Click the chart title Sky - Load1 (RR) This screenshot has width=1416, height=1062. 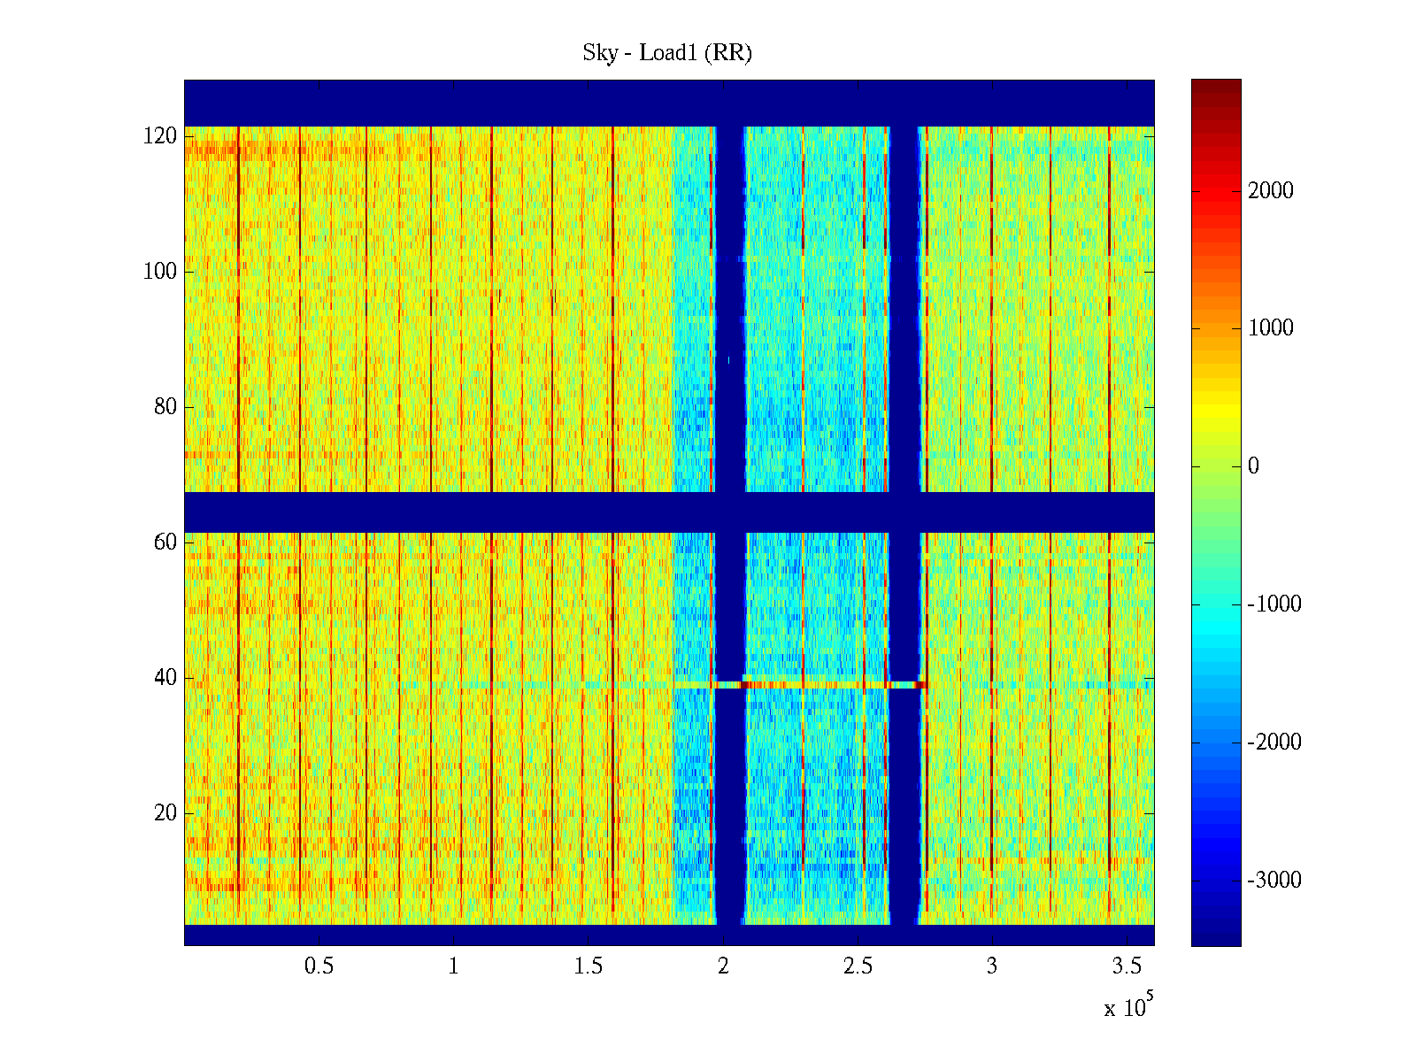(x=667, y=53)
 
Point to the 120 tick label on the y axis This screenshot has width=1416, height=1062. (x=160, y=136)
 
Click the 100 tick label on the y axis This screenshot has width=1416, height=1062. (x=160, y=272)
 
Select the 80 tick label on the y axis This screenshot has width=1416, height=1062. (x=165, y=407)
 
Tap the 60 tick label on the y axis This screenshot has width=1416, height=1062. (x=165, y=543)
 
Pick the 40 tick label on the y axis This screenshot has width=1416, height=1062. (x=165, y=678)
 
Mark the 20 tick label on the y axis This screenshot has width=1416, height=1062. (x=165, y=813)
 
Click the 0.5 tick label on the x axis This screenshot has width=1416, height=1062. (x=319, y=966)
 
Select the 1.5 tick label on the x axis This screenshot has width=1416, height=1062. (x=588, y=966)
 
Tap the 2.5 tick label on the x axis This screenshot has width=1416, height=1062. (x=858, y=966)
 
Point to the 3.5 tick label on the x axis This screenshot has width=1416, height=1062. (x=1127, y=966)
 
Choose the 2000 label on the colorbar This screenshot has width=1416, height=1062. (x=1270, y=191)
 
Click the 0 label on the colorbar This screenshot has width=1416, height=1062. (x=1253, y=466)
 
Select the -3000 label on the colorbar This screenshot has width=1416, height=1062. (x=1274, y=881)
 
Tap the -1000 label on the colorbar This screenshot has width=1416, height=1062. (x=1274, y=604)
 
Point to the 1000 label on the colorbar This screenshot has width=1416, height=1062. (x=1270, y=328)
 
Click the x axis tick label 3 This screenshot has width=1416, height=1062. (x=992, y=966)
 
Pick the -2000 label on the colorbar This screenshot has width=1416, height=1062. (x=1274, y=743)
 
